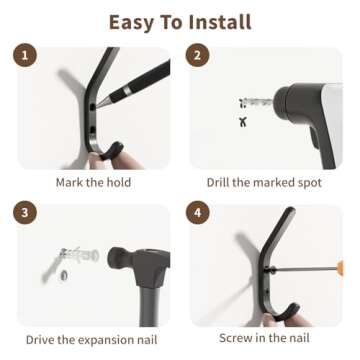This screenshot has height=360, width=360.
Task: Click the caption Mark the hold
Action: pyautogui.click(x=93, y=183)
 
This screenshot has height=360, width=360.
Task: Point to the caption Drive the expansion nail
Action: pyautogui.click(x=93, y=340)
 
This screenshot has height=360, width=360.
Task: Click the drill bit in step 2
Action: pyautogui.click(x=258, y=101)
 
